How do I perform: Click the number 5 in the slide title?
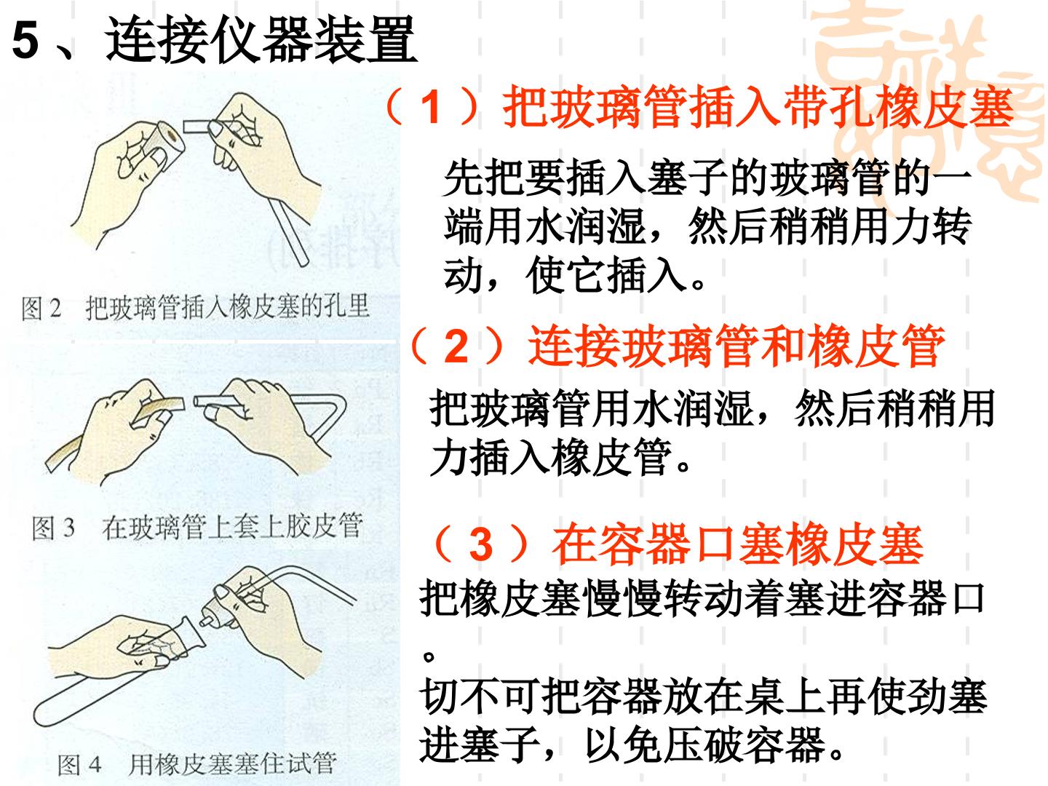tap(25, 41)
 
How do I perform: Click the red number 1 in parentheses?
tap(431, 108)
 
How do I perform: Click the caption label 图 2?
tap(41, 308)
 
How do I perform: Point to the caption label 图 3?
tap(53, 528)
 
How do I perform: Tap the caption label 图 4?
tap(79, 764)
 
